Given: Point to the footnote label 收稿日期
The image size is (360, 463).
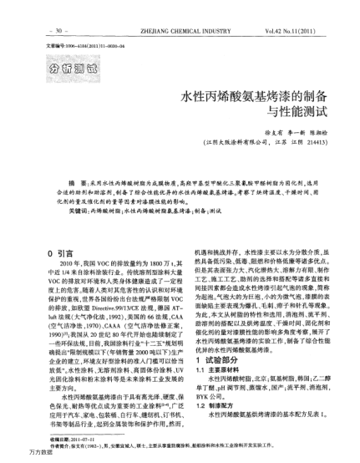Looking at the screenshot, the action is (61, 440).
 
